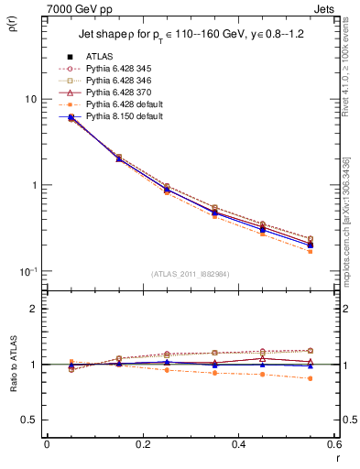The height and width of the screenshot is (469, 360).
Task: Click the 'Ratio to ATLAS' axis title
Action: tap(12, 389)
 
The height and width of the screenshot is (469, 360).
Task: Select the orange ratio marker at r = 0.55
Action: tap(310, 378)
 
